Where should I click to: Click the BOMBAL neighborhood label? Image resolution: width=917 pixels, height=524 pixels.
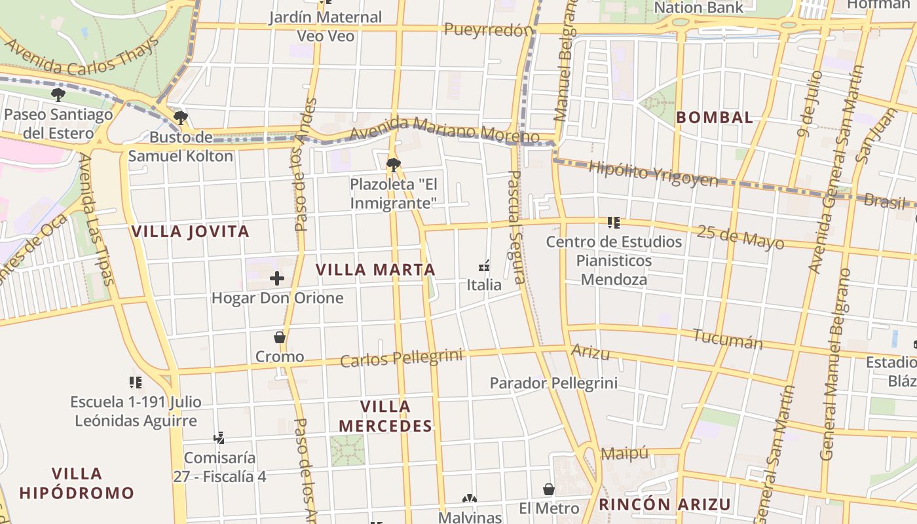715,118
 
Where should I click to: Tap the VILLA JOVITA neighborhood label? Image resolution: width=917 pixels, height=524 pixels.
191,232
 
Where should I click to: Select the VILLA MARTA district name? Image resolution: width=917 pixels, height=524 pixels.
375,270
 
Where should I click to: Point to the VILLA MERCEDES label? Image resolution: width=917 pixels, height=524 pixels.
385,417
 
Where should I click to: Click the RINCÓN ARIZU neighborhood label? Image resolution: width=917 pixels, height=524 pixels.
665,504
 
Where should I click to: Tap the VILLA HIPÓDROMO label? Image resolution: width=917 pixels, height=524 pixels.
77,483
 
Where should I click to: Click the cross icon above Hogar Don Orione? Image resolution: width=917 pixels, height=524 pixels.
277,278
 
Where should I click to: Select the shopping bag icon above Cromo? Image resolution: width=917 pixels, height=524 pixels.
280,337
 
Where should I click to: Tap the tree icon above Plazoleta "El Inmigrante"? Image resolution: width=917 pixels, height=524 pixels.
393,164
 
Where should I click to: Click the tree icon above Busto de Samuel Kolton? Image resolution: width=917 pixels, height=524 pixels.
180,118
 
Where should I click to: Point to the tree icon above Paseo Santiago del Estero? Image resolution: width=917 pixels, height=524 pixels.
58,95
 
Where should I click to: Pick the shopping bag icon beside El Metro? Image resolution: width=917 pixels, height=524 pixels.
549,489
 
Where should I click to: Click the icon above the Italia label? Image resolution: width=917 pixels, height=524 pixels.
485,266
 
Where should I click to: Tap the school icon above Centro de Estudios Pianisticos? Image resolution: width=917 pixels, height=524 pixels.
614,223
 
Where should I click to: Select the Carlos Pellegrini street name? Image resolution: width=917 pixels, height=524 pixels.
401,358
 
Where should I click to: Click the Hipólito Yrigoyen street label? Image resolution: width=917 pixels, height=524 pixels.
653,173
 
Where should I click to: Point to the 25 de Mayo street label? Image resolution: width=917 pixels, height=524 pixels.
740,237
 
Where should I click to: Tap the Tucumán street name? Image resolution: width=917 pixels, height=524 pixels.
728,339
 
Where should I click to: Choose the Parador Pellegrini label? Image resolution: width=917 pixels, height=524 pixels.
553,383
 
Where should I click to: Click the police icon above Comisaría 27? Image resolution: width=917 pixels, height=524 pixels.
219,438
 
